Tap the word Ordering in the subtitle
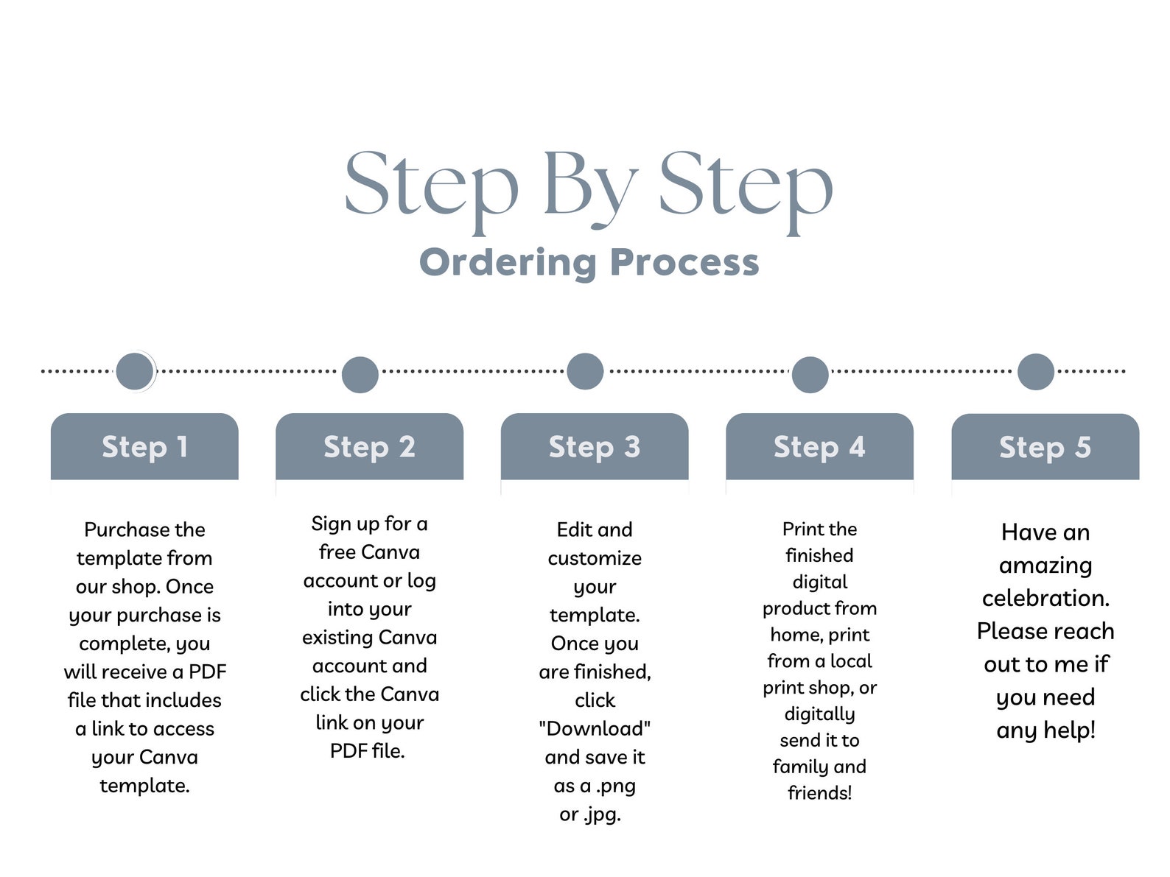pyautogui.click(x=507, y=263)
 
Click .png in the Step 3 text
pyautogui.click(x=612, y=785)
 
